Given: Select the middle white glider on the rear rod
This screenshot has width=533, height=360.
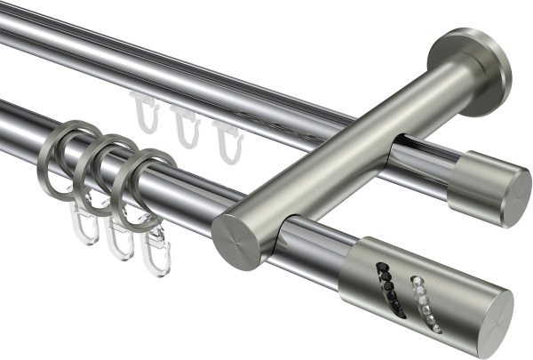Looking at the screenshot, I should coord(184,125).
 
